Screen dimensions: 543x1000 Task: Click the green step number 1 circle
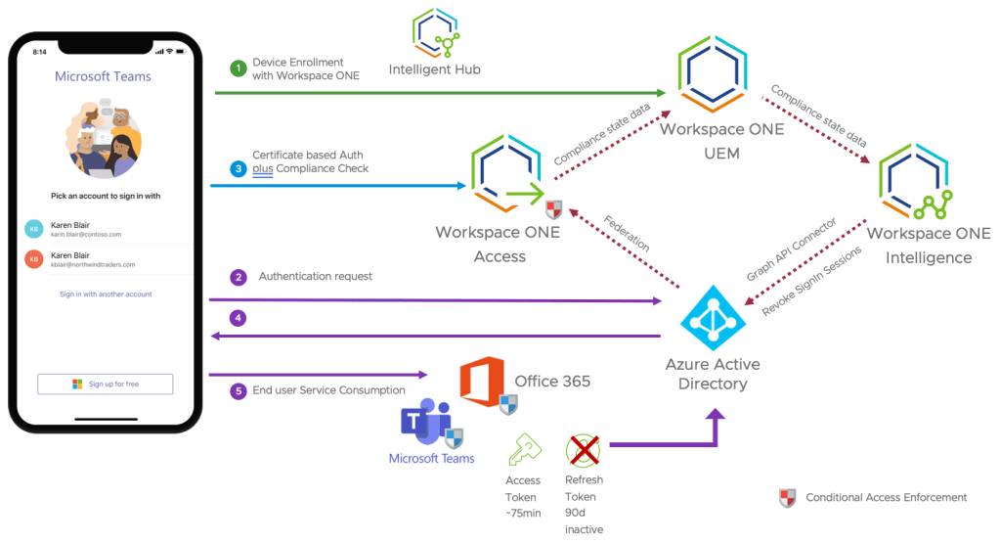tap(237, 68)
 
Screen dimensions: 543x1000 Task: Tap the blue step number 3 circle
tap(237, 168)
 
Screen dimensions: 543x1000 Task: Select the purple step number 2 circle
tap(237, 277)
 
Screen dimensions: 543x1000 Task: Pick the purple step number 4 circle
tap(237, 318)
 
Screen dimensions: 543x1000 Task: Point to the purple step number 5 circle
tap(237, 390)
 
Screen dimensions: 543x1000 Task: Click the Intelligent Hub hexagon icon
tap(435, 32)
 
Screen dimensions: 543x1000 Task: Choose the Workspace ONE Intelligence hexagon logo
tap(918, 180)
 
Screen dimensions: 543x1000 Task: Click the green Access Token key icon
tap(522, 450)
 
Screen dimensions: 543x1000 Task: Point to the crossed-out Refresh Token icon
tap(583, 450)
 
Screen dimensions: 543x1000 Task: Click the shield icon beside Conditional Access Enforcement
tap(787, 498)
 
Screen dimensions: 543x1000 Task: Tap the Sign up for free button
tap(105, 384)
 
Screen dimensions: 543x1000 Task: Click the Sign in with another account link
tap(106, 294)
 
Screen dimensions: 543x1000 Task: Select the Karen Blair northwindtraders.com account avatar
tap(34, 259)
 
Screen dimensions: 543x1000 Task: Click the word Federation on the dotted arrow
tap(626, 233)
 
